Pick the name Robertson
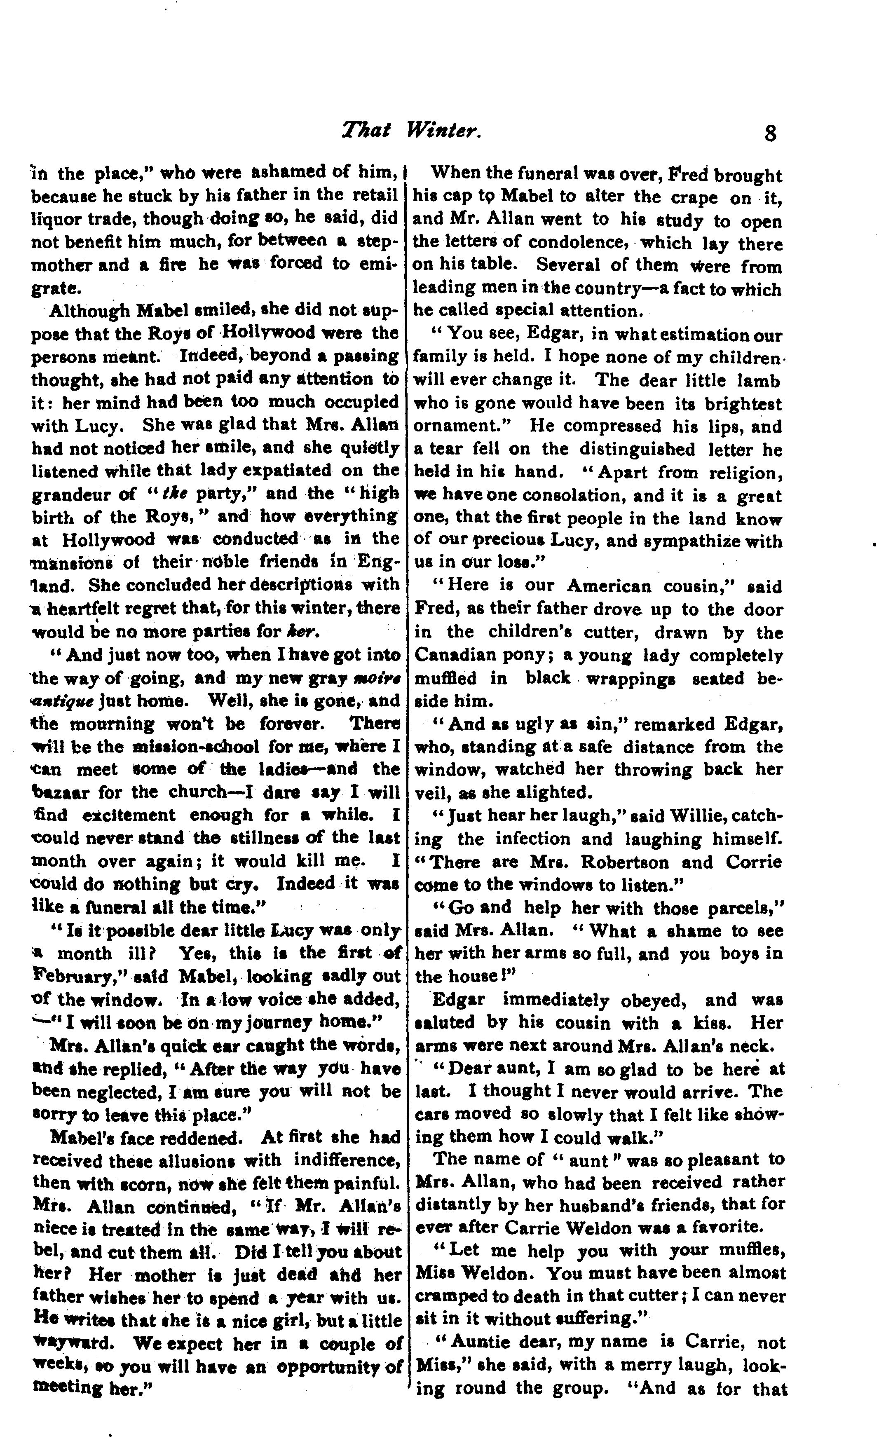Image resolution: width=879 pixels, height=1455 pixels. (624, 862)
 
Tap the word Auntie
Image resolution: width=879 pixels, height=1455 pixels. (486, 1342)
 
